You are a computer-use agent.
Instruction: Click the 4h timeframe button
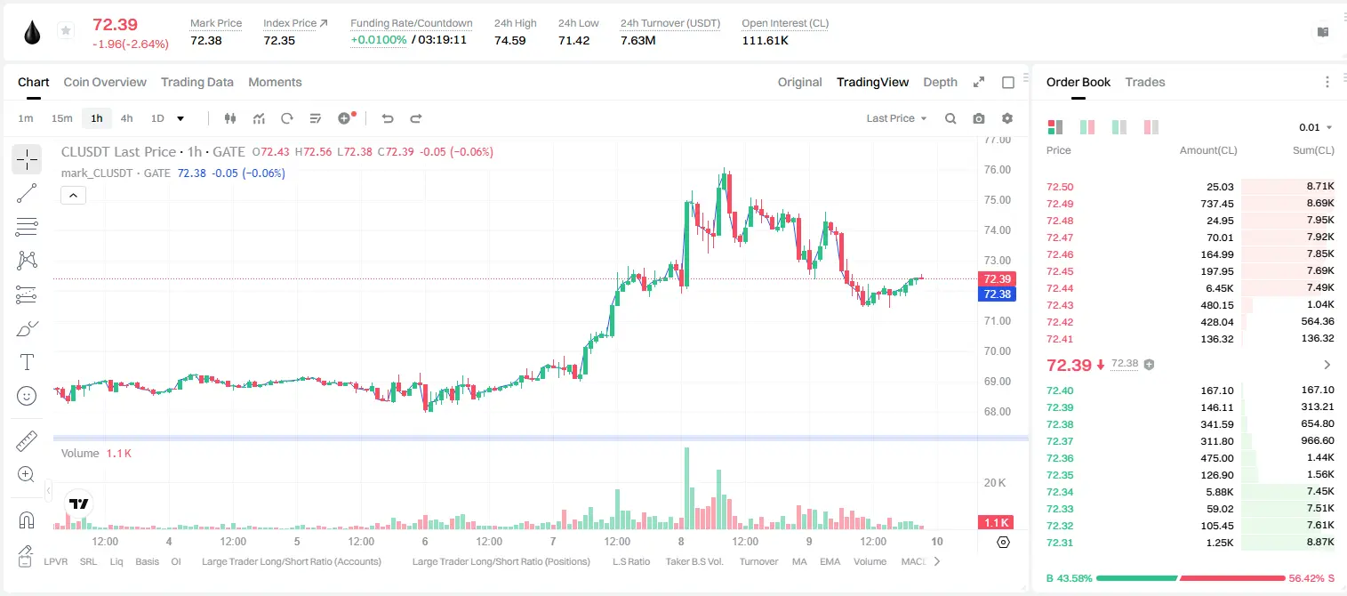point(126,118)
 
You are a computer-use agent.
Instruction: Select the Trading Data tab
point(197,82)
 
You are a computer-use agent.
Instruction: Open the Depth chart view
point(940,82)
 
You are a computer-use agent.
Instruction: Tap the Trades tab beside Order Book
point(1145,82)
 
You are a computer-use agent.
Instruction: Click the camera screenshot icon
point(979,118)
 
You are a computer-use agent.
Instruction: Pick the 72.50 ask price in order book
point(1060,187)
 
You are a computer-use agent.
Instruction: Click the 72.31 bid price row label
point(1060,543)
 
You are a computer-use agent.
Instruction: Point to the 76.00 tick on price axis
point(997,170)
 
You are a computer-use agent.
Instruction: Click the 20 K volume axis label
point(995,483)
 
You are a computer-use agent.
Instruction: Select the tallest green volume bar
point(686,488)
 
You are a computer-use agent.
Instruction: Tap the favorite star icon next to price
point(66,30)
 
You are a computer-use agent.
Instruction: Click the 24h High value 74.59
point(510,40)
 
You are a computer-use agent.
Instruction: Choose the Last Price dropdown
point(896,118)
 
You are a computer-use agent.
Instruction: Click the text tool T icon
point(27,362)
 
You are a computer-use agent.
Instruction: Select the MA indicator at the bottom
point(799,561)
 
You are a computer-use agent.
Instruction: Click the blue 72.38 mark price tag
point(997,294)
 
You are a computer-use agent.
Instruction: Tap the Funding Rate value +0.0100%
point(378,40)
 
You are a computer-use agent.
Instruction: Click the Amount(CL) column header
point(1208,150)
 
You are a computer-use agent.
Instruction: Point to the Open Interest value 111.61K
point(765,40)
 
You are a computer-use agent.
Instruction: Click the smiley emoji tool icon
point(27,396)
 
